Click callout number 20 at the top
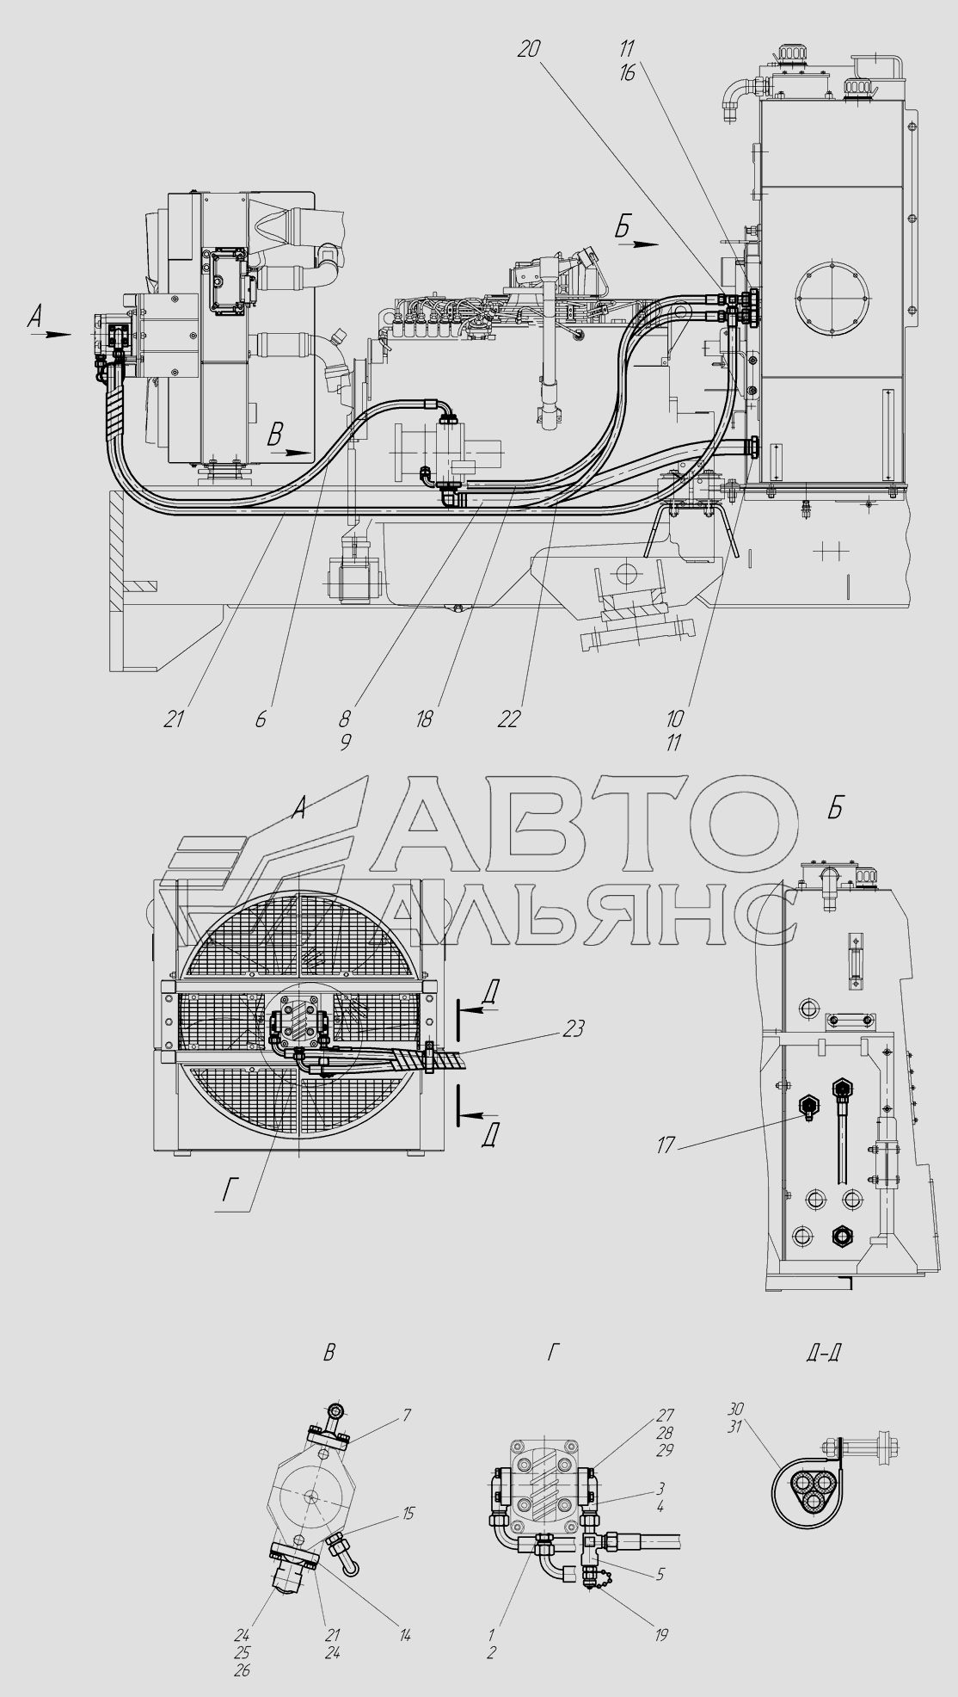point(529,49)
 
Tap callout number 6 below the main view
point(261,719)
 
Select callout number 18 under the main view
point(424,719)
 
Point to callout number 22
point(509,719)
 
